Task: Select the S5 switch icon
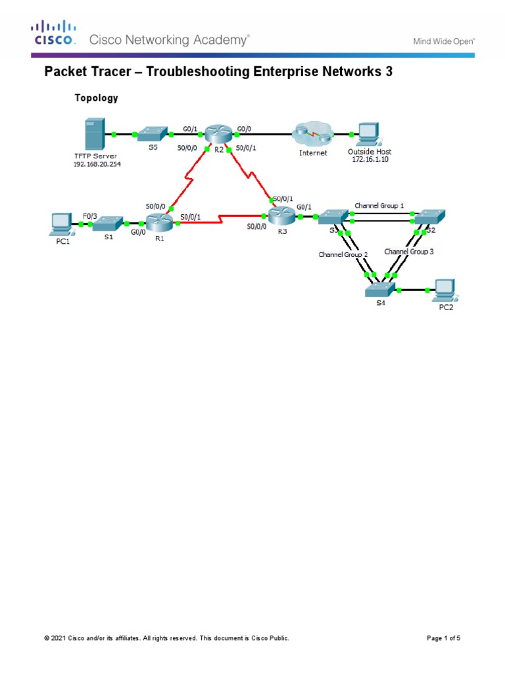click(153, 134)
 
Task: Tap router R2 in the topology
click(218, 134)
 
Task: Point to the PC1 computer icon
click(61, 223)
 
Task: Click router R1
click(158, 223)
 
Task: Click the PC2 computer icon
click(444, 289)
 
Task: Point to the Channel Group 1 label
click(379, 206)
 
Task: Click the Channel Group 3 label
click(408, 251)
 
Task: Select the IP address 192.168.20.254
click(97, 164)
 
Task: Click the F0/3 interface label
click(90, 214)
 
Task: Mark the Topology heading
click(96, 98)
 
